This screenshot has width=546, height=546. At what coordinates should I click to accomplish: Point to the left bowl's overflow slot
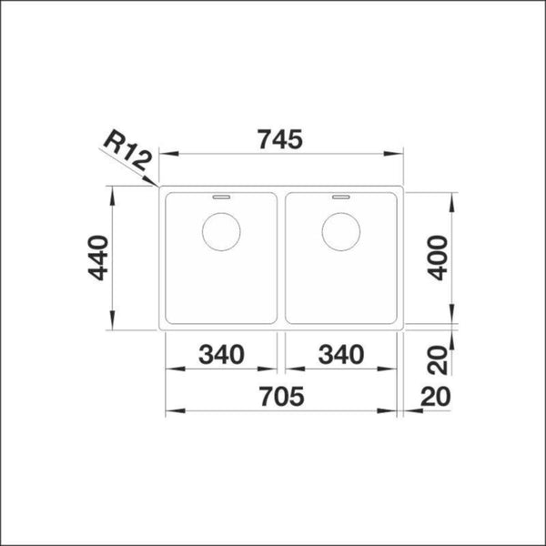(x=220, y=195)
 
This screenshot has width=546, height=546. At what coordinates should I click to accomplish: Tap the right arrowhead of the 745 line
(x=398, y=154)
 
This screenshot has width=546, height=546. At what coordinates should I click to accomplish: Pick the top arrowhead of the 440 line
(x=113, y=193)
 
